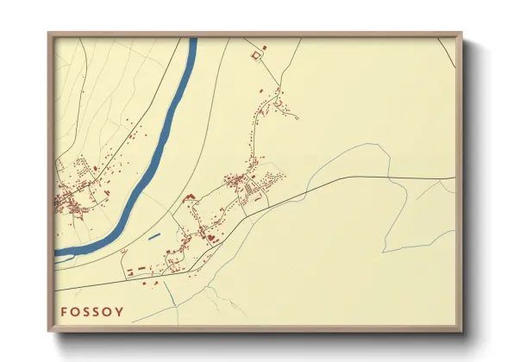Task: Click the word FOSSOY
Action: pos(92,311)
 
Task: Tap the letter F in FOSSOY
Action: pos(64,311)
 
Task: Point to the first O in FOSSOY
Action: pos(75,311)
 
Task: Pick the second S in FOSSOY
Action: pos(97,311)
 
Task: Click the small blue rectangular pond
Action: pos(155,235)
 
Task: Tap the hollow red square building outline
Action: pos(254,55)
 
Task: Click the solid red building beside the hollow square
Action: pos(264,47)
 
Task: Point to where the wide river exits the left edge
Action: pos(57,253)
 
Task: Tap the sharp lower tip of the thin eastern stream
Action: pos(384,252)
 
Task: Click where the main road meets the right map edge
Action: pos(454,178)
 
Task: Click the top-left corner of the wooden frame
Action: pos(48,33)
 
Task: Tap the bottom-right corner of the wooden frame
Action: pos(462,332)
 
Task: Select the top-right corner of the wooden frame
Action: pos(462,33)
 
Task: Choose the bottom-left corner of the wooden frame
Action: pos(48,332)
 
